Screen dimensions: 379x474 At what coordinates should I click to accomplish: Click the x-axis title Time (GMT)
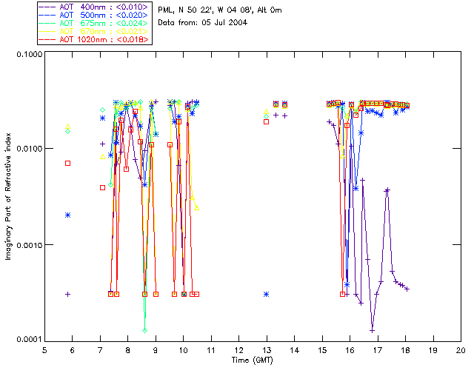tap(252, 360)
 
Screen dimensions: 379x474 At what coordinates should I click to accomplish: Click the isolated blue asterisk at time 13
tap(266, 294)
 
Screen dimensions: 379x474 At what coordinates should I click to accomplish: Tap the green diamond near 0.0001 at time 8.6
tap(145, 330)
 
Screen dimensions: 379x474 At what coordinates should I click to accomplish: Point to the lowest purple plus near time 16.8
tap(372, 330)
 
